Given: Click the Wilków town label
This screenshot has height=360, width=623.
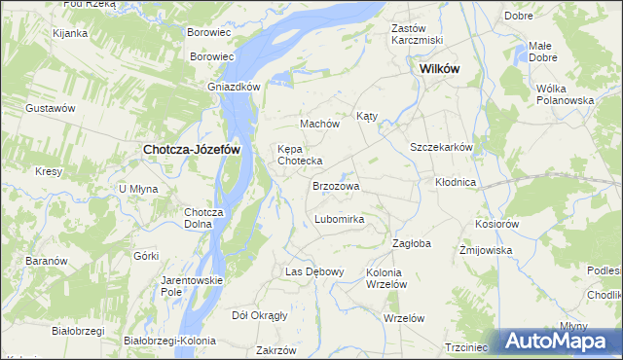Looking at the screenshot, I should pyautogui.click(x=438, y=69).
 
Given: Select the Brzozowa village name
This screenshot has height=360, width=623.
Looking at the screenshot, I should pyautogui.click(x=336, y=185).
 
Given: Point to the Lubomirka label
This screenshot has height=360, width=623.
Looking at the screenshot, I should pyautogui.click(x=339, y=219).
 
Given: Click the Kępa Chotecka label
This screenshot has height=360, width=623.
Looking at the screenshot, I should pyautogui.click(x=300, y=155).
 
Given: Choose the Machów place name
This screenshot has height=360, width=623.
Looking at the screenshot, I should pyautogui.click(x=319, y=124).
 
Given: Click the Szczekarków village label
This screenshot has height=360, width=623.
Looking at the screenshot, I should pyautogui.click(x=441, y=147).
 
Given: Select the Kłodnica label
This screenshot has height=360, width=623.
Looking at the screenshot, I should pyautogui.click(x=456, y=182).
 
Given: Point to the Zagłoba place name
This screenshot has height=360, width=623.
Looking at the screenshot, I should pyautogui.click(x=411, y=243).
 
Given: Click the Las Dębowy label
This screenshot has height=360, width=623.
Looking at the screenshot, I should pyautogui.click(x=314, y=271).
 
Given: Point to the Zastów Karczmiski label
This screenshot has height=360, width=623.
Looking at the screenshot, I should pyautogui.click(x=417, y=34).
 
